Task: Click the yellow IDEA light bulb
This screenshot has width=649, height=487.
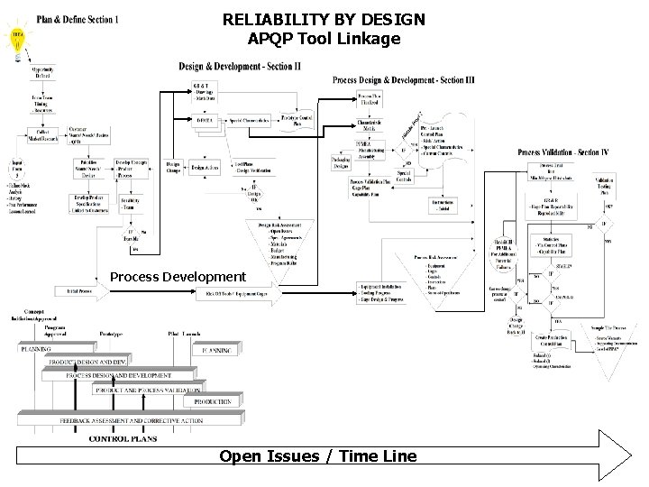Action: (x=16, y=37)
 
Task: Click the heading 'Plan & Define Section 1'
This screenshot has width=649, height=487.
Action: (x=78, y=20)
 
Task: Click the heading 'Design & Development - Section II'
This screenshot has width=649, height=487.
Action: (x=240, y=66)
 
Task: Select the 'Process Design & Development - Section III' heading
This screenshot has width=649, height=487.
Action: (x=404, y=79)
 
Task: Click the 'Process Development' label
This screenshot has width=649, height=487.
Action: (x=177, y=276)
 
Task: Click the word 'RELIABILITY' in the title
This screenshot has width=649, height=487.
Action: (x=273, y=19)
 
